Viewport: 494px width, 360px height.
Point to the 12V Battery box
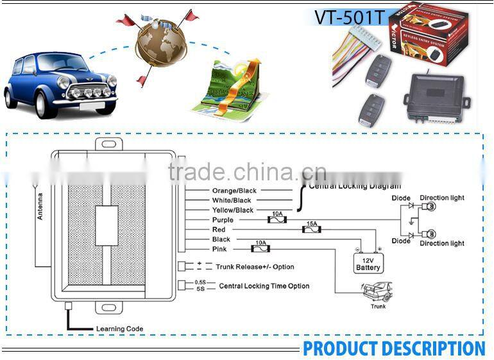pos(368,263)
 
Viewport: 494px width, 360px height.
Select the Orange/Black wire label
pos(234,191)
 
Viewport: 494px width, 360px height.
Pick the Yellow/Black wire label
pos(233,210)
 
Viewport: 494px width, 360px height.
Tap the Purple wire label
pos(223,220)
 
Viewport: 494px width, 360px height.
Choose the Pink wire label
pos(219,249)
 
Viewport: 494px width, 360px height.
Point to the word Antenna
pos(40,206)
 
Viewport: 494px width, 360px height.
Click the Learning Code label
pos(119,329)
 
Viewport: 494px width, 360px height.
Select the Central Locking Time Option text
pos(264,286)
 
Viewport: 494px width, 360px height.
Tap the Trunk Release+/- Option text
pos(255,267)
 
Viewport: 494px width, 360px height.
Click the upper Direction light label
pos(442,198)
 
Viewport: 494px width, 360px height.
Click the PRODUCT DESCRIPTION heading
pos(394,348)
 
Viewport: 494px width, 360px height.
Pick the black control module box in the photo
pos(434,97)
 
